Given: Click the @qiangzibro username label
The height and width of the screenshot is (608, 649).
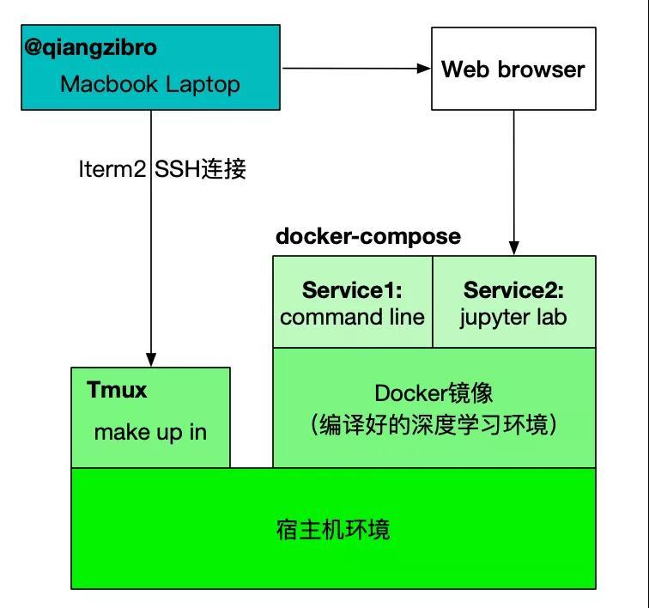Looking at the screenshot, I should pyautogui.click(x=90, y=47).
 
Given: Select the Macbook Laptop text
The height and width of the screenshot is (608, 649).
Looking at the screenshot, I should pyautogui.click(x=150, y=84).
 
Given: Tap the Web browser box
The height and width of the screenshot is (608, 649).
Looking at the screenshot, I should pyautogui.click(x=513, y=69).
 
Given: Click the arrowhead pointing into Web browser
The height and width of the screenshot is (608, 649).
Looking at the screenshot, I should pyautogui.click(x=424, y=68).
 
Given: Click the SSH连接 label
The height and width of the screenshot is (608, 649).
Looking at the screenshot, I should pyautogui.click(x=201, y=169).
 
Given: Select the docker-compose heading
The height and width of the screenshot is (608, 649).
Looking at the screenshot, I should pyautogui.click(x=367, y=236).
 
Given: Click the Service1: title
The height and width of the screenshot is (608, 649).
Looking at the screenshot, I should pyautogui.click(x=352, y=290).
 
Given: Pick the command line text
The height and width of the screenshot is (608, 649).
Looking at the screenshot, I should pyautogui.click(x=352, y=317).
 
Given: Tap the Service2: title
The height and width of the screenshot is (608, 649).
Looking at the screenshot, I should pyautogui.click(x=513, y=290).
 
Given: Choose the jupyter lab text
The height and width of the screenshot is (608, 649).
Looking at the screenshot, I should pyautogui.click(x=513, y=317).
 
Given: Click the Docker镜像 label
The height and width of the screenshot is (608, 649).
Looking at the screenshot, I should pyautogui.click(x=434, y=393).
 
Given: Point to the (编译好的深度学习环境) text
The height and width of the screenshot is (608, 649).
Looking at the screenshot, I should pyautogui.click(x=434, y=424).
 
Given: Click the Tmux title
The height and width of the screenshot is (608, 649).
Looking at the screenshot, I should pyautogui.click(x=118, y=391).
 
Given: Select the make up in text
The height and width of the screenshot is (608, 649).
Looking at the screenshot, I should pyautogui.click(x=150, y=431).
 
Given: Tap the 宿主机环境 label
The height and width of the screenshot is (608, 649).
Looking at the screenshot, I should pyautogui.click(x=333, y=528).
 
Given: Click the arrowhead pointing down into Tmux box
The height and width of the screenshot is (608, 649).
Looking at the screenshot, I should pyautogui.click(x=151, y=360).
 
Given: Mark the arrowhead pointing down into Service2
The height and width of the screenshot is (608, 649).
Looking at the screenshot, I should pyautogui.click(x=514, y=248).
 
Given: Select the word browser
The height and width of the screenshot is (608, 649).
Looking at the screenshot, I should pyautogui.click(x=545, y=69).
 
